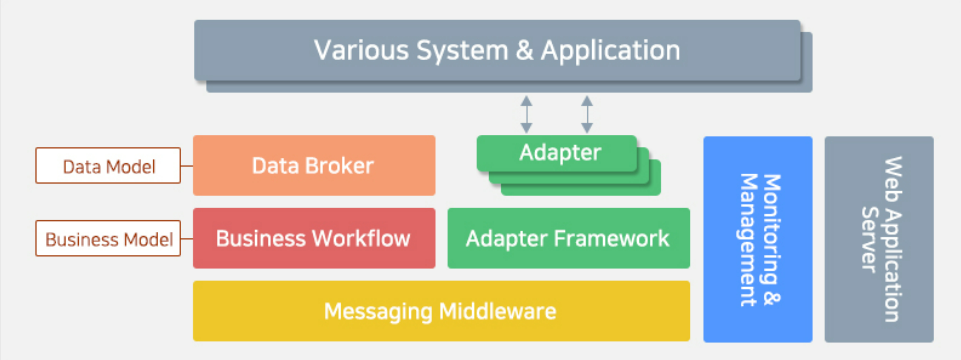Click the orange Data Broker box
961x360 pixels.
tap(313, 165)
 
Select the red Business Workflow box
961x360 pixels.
tap(313, 238)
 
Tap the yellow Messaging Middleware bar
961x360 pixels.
tap(440, 311)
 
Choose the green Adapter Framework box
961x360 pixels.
tap(568, 238)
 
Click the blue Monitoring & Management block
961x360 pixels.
tap(757, 239)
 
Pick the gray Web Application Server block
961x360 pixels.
tap(879, 239)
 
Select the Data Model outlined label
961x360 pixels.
tap(109, 166)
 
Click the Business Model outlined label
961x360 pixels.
tap(109, 239)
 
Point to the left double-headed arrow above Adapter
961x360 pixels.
tap(526, 114)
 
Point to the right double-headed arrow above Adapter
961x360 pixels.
tap(587, 114)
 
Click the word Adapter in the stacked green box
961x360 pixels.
tap(560, 153)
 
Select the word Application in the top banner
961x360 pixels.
tap(610, 50)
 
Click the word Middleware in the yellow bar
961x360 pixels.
tap(498, 311)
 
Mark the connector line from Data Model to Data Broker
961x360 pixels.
tap(187, 166)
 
